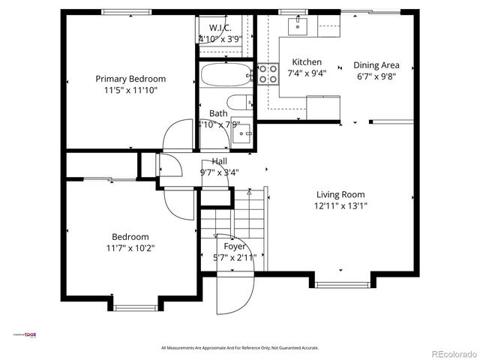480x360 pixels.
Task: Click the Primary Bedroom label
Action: click(x=130, y=79)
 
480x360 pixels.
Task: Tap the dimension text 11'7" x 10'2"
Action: click(x=130, y=247)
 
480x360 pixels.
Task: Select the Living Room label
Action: click(x=341, y=193)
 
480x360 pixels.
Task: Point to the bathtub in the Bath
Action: click(x=227, y=75)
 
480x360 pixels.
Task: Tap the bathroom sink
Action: click(x=242, y=133)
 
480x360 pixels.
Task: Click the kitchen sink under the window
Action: click(x=298, y=26)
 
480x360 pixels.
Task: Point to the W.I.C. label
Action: click(x=220, y=28)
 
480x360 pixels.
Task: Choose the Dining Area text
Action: click(x=376, y=65)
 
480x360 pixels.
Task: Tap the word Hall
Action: click(x=220, y=161)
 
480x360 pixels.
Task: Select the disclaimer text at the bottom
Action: click(x=240, y=348)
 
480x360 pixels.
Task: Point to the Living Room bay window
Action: click(x=341, y=284)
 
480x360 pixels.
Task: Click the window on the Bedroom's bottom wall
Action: click(x=134, y=307)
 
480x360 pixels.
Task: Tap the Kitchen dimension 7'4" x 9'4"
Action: click(x=307, y=73)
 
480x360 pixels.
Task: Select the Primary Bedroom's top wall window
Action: click(x=124, y=11)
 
